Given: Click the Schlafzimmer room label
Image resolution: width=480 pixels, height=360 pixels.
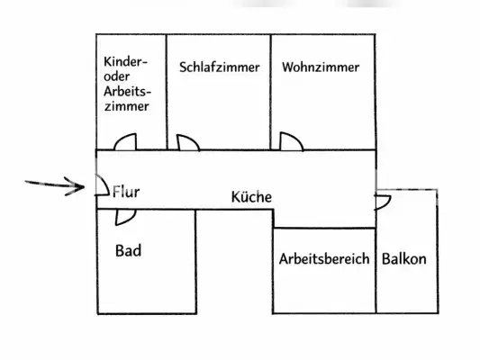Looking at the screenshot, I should (x=219, y=67).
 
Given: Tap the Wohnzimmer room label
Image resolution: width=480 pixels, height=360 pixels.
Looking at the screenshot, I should (x=320, y=67).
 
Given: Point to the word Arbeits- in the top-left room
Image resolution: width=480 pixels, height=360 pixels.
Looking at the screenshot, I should (x=126, y=91).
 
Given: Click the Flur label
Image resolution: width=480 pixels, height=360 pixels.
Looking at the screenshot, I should (x=126, y=192).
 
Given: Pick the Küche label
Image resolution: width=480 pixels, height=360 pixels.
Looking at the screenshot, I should (x=251, y=197).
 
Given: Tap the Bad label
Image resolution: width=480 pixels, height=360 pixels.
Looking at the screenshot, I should (x=128, y=250).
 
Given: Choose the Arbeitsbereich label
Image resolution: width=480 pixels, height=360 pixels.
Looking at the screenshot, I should (x=324, y=259).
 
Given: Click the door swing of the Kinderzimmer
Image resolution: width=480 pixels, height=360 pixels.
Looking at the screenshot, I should (x=125, y=141).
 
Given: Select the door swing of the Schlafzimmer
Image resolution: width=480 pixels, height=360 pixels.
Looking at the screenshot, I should (x=187, y=142).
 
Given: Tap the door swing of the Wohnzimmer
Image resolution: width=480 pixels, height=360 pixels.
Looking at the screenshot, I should (x=291, y=141).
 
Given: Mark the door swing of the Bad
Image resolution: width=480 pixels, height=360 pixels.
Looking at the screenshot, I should (x=125, y=216).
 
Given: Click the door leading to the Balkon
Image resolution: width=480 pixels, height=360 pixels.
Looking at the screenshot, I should (x=383, y=199).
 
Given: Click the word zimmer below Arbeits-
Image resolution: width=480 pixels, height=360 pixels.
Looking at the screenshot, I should (x=125, y=105).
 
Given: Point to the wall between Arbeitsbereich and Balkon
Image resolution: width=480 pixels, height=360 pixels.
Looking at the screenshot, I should (x=376, y=270).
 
